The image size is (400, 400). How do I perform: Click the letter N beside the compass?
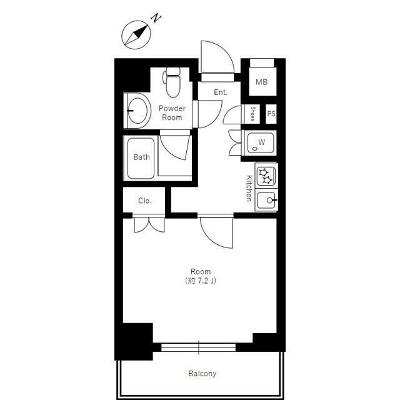[x=156, y=18]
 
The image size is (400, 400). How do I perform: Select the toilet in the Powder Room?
[x=172, y=82]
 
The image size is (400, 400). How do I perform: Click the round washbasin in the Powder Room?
[x=137, y=111]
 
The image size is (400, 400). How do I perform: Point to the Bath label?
[x=141, y=157]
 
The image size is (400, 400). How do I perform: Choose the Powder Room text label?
[x=172, y=112]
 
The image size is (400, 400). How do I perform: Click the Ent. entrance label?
[x=221, y=92]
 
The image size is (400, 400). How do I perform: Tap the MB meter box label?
[x=262, y=82]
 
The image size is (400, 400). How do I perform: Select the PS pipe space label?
[x=271, y=114]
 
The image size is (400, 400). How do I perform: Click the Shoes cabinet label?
[x=252, y=114]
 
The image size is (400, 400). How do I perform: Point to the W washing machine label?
[x=262, y=142]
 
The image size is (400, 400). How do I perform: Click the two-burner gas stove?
[x=266, y=176]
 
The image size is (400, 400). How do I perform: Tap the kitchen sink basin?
[x=266, y=201]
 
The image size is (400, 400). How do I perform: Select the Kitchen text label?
[x=249, y=188]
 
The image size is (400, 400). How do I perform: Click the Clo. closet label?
[x=144, y=201]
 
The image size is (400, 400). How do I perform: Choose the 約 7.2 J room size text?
[x=201, y=281]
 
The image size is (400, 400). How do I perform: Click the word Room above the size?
[x=201, y=271]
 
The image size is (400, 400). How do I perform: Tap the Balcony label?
[x=202, y=374]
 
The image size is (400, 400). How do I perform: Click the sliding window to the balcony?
[x=199, y=347]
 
